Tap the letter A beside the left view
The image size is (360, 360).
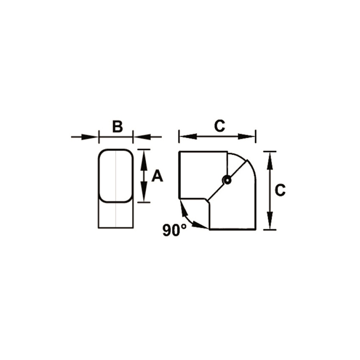tap(157, 176)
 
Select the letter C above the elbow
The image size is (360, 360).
tap(219, 126)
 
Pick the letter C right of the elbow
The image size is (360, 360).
tap(280, 191)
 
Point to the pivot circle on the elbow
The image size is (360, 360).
tap(227, 180)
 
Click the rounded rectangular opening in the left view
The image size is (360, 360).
tap(116, 175)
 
